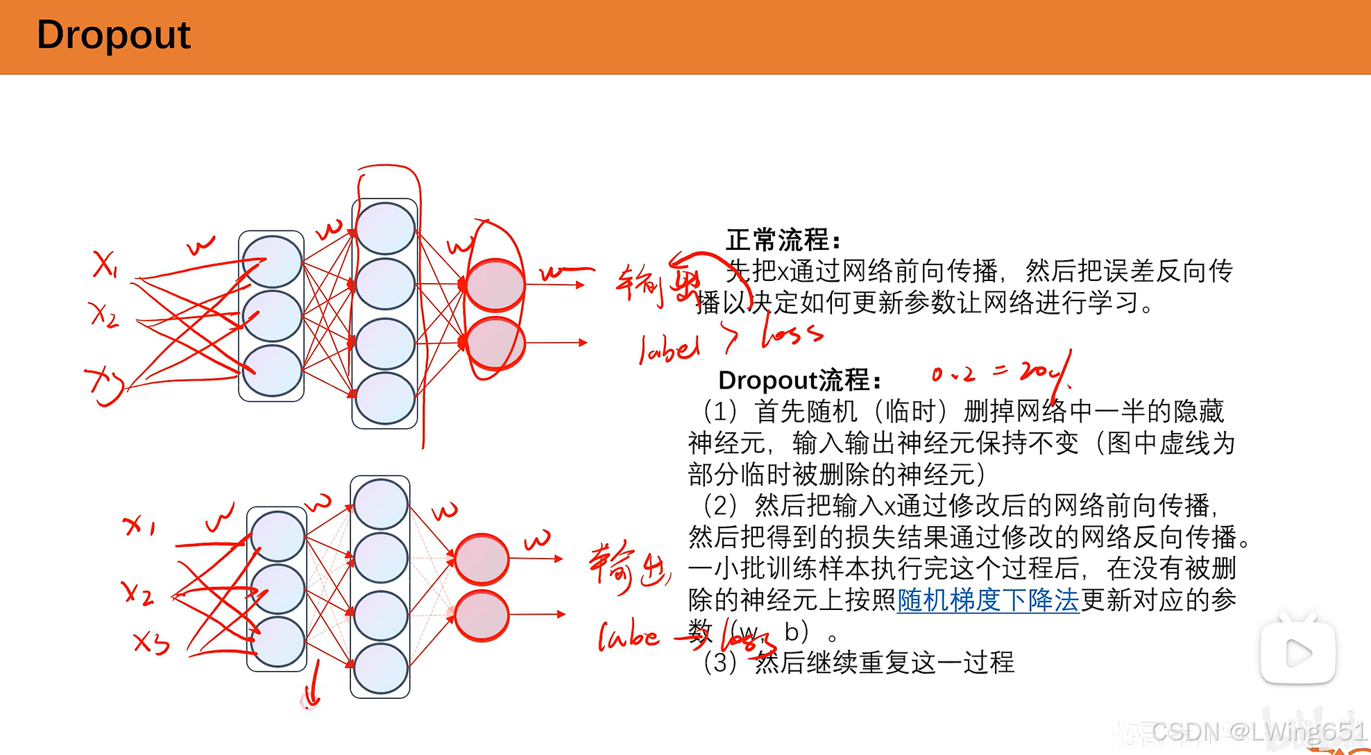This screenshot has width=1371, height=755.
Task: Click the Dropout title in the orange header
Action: pyautogui.click(x=113, y=35)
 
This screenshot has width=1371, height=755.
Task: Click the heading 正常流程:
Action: pyautogui.click(x=783, y=240)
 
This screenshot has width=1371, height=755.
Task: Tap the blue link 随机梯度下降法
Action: pyautogui.click(x=988, y=600)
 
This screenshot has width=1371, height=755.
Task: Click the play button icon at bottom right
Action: pyautogui.click(x=1297, y=652)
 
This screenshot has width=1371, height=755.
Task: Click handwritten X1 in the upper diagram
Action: pyautogui.click(x=105, y=264)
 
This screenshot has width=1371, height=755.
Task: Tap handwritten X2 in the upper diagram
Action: pyautogui.click(x=104, y=314)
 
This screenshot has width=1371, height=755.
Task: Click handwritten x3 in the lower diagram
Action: pyautogui.click(x=151, y=643)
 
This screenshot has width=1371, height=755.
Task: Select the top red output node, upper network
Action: pyautogui.click(x=495, y=285)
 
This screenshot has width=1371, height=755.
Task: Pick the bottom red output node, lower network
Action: pyautogui.click(x=482, y=616)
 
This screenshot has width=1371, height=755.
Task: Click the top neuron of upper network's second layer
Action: pyautogui.click(x=385, y=228)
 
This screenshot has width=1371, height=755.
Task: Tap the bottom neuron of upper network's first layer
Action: pyautogui.click(x=272, y=371)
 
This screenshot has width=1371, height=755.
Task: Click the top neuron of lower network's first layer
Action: pyautogui.click(x=278, y=536)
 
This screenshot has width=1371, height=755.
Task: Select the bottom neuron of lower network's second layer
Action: pyautogui.click(x=380, y=668)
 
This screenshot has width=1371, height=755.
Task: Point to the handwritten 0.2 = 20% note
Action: pyautogui.click(x=999, y=373)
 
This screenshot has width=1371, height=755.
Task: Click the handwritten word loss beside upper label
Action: pyautogui.click(x=792, y=334)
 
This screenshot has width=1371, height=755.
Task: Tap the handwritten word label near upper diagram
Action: pyautogui.click(x=669, y=349)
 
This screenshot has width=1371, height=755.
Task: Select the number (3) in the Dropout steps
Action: pyautogui.click(x=719, y=663)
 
